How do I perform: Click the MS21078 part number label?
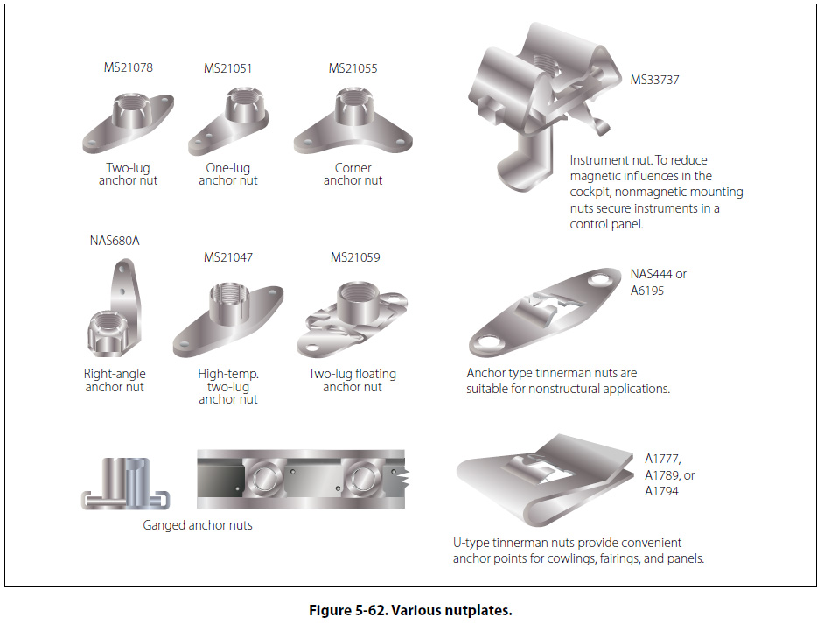128,67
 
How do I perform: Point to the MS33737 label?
655,80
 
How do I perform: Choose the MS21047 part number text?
228,257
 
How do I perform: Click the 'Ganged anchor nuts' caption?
198,525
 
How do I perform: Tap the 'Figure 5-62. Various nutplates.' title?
410,610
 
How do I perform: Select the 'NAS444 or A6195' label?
659,282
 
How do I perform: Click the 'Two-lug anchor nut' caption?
128,174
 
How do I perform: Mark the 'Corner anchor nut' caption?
353,174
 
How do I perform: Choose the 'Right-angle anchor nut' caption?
115,381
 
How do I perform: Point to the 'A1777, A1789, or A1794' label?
669,475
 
